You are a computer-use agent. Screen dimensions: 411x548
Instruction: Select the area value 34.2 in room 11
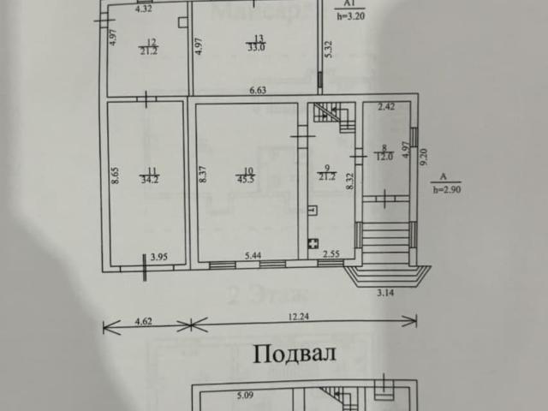(148, 179)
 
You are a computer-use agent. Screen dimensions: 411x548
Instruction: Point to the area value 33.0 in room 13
(255, 47)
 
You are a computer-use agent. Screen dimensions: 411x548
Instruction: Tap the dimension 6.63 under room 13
(258, 89)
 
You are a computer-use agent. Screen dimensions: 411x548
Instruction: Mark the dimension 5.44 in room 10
(253, 256)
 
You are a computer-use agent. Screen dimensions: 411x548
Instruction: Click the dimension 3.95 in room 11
(158, 256)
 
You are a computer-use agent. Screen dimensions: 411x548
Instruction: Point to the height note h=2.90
(447, 189)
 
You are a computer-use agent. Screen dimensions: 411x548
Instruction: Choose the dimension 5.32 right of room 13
(327, 50)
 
